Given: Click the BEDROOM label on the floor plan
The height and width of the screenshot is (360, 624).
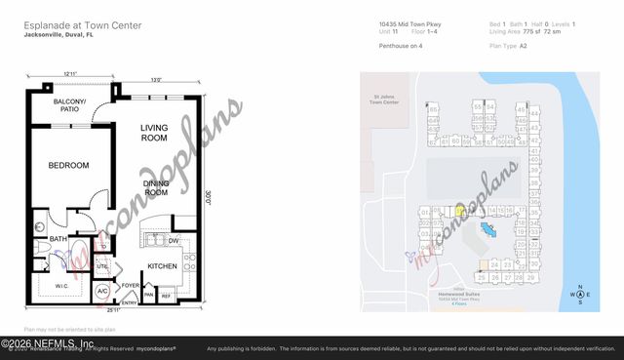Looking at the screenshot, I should click(x=68, y=166).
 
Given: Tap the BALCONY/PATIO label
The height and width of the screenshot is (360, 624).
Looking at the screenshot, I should click(x=69, y=104).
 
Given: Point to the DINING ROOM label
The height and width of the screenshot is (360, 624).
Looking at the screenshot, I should click(x=156, y=187).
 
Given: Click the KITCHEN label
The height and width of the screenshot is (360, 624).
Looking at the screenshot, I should click(x=162, y=265).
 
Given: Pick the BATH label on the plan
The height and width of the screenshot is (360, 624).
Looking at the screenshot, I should click(x=58, y=239).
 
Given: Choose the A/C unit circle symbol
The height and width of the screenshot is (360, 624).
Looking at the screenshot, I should click(x=102, y=291).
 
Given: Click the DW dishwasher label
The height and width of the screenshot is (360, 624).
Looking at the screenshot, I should click(x=173, y=240).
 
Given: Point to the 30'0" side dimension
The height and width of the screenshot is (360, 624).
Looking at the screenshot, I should click(x=207, y=195).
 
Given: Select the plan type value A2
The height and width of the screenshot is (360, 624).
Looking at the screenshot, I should click(x=523, y=45).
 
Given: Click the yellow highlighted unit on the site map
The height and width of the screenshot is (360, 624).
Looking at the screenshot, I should click(x=459, y=210).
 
